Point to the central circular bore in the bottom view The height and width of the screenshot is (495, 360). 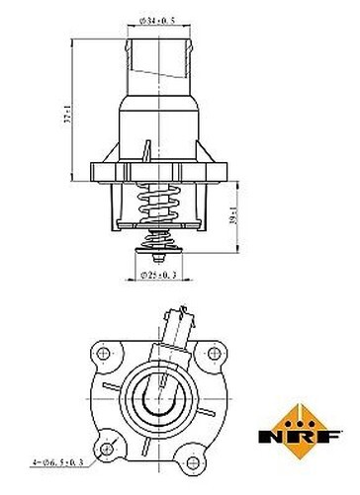(x=159, y=395)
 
